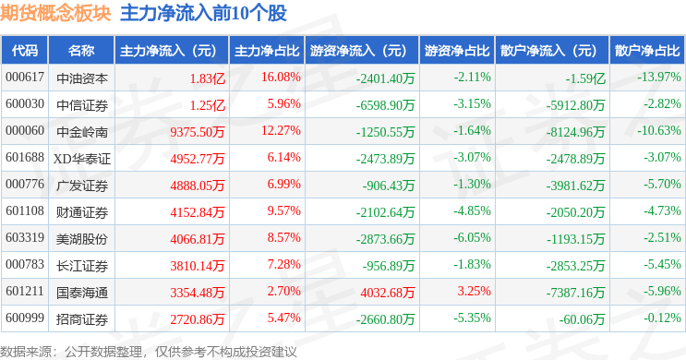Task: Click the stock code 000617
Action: [x=25, y=78]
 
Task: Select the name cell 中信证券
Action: [x=82, y=105]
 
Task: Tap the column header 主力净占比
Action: [x=267, y=51]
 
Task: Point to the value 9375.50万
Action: [x=198, y=132]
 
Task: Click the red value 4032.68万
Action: [x=387, y=293]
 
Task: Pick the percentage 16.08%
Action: [x=281, y=78]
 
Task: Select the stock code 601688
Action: [x=25, y=158]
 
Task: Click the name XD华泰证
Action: [x=82, y=159]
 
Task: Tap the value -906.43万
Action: [x=389, y=186]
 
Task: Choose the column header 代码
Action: [x=25, y=51]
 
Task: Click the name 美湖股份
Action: [x=82, y=239]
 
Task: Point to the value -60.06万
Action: [x=582, y=319]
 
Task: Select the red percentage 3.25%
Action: [x=475, y=292]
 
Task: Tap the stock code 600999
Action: [x=25, y=318]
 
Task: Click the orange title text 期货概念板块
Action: [x=55, y=13]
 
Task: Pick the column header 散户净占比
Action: [x=647, y=51]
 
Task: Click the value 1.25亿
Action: [x=208, y=105]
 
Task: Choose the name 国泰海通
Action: [x=82, y=293]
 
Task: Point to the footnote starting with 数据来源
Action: [x=149, y=352]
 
